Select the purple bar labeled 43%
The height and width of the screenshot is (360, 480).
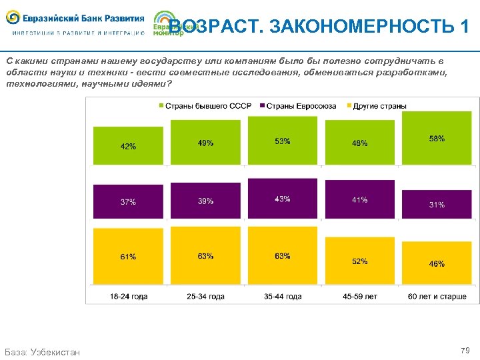coord(282,198)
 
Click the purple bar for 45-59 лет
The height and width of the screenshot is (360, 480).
coord(359,200)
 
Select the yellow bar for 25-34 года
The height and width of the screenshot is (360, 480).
coord(205,257)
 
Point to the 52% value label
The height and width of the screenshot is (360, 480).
coord(359,261)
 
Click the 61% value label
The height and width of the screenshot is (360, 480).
coord(128,257)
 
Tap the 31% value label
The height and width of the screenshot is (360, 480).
coord(437,205)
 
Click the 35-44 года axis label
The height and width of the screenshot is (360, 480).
coord(282,296)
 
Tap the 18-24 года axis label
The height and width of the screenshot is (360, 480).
coord(128,296)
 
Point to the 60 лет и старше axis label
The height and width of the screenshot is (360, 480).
coord(437,296)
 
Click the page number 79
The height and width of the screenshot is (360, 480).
coord(465,350)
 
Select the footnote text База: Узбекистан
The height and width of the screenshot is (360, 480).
coord(42,351)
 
